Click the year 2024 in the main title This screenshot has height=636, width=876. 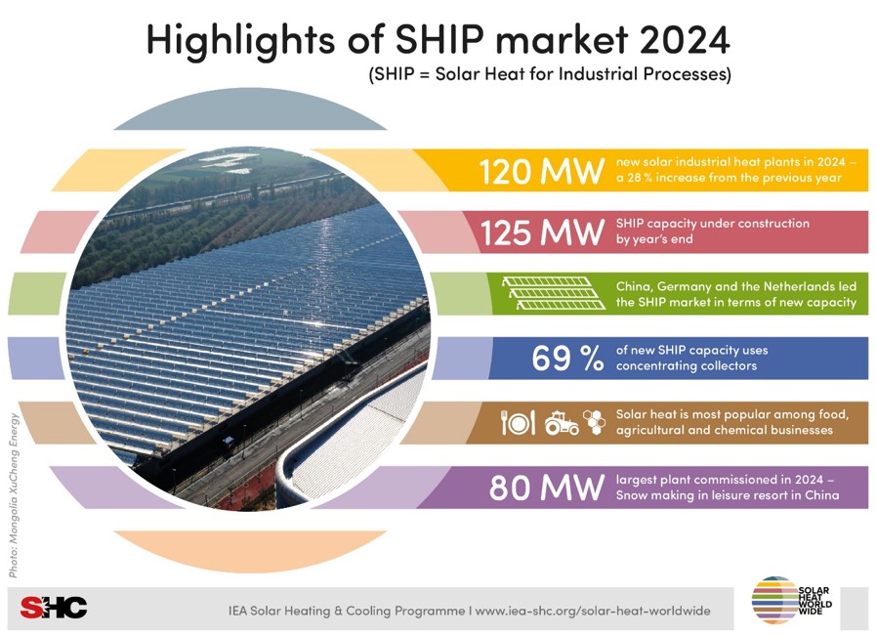[x=683, y=39]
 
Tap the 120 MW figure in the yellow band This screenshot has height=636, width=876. [x=542, y=171]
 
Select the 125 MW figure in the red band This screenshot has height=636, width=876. [x=542, y=233]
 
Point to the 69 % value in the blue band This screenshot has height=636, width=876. [x=567, y=359]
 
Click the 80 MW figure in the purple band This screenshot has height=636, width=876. [x=547, y=488]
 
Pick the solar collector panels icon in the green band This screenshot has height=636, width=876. [x=554, y=293]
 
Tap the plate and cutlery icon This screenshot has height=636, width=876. [x=518, y=423]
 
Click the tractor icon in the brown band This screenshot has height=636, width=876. [x=562, y=423]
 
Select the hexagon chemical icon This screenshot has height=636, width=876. [x=595, y=422]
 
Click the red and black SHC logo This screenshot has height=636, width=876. [x=54, y=608]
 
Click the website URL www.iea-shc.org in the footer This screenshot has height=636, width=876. [x=593, y=611]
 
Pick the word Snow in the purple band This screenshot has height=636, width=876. [x=631, y=495]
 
